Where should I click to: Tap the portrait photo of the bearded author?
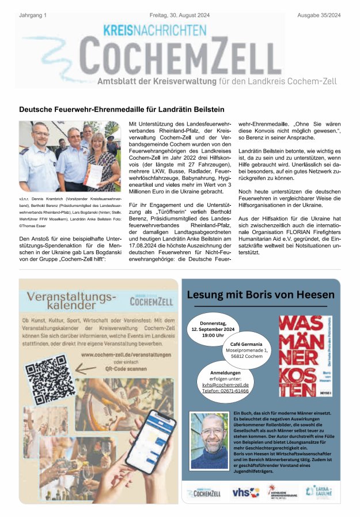[209, 440]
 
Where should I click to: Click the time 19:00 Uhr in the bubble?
[213, 335]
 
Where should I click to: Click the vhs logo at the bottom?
[241, 492]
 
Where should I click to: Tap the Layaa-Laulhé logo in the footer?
[319, 492]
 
